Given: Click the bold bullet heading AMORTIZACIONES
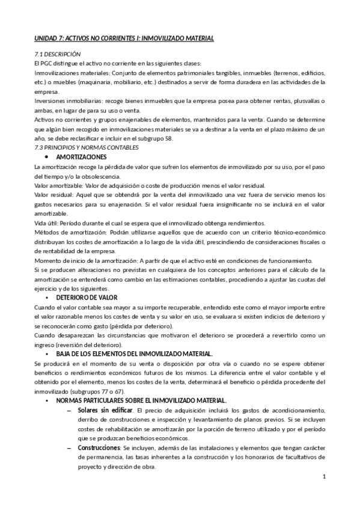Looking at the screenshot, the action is (79, 157).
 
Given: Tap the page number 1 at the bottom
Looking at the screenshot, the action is (324, 478).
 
